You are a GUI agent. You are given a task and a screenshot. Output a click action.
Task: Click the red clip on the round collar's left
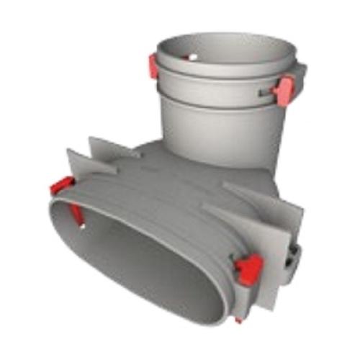coord(153,66)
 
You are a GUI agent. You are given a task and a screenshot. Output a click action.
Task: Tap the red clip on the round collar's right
coord(284,90)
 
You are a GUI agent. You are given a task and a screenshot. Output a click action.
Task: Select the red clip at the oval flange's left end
coord(62,189)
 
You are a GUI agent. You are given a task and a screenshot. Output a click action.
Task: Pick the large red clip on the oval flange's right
coord(248,268)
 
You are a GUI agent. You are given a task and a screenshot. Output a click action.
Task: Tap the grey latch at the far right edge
coord(293,256)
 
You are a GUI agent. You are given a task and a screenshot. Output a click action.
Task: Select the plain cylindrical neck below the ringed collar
coord(216,133)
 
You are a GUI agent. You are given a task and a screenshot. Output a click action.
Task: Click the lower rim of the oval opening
coord(144,310)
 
